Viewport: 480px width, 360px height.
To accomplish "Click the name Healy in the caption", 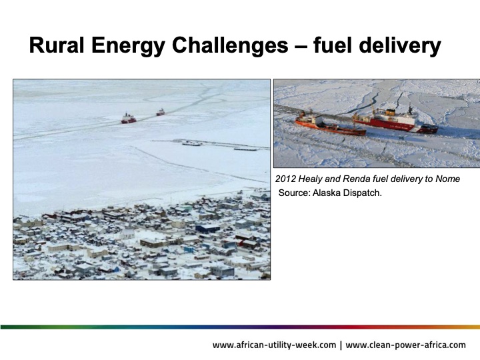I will pyautogui.click(x=311, y=179).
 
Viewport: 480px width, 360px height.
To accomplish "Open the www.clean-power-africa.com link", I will pyautogui.click(x=406, y=345).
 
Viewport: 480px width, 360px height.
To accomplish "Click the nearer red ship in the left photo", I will pyautogui.click(x=128, y=119).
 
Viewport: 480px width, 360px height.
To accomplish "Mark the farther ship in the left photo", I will pyautogui.click(x=161, y=112).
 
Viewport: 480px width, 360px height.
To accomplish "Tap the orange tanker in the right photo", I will pyautogui.click(x=329, y=125).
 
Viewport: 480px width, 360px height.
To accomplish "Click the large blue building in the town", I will pyautogui.click(x=207, y=228).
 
